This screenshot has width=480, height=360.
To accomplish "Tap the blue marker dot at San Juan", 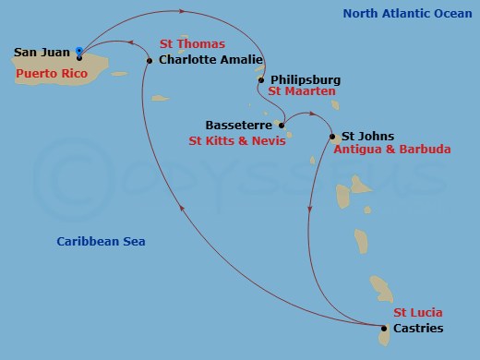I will point(79,52).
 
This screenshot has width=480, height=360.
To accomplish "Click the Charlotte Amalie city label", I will point(208,61).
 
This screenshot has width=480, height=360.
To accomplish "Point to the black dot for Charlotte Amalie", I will point(150,61).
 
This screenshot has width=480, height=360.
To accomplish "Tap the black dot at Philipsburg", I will point(261,80).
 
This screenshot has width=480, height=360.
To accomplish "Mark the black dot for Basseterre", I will point(282,125).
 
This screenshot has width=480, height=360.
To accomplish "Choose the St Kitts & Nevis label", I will point(234,140).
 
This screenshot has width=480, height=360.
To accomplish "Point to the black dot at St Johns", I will point(331,137).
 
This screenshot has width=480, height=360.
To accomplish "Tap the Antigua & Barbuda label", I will point(392,149).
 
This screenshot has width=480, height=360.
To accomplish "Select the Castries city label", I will point(418,328).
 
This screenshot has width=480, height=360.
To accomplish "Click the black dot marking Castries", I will point(384,328).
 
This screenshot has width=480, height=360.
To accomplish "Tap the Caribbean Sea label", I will point(101,242).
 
